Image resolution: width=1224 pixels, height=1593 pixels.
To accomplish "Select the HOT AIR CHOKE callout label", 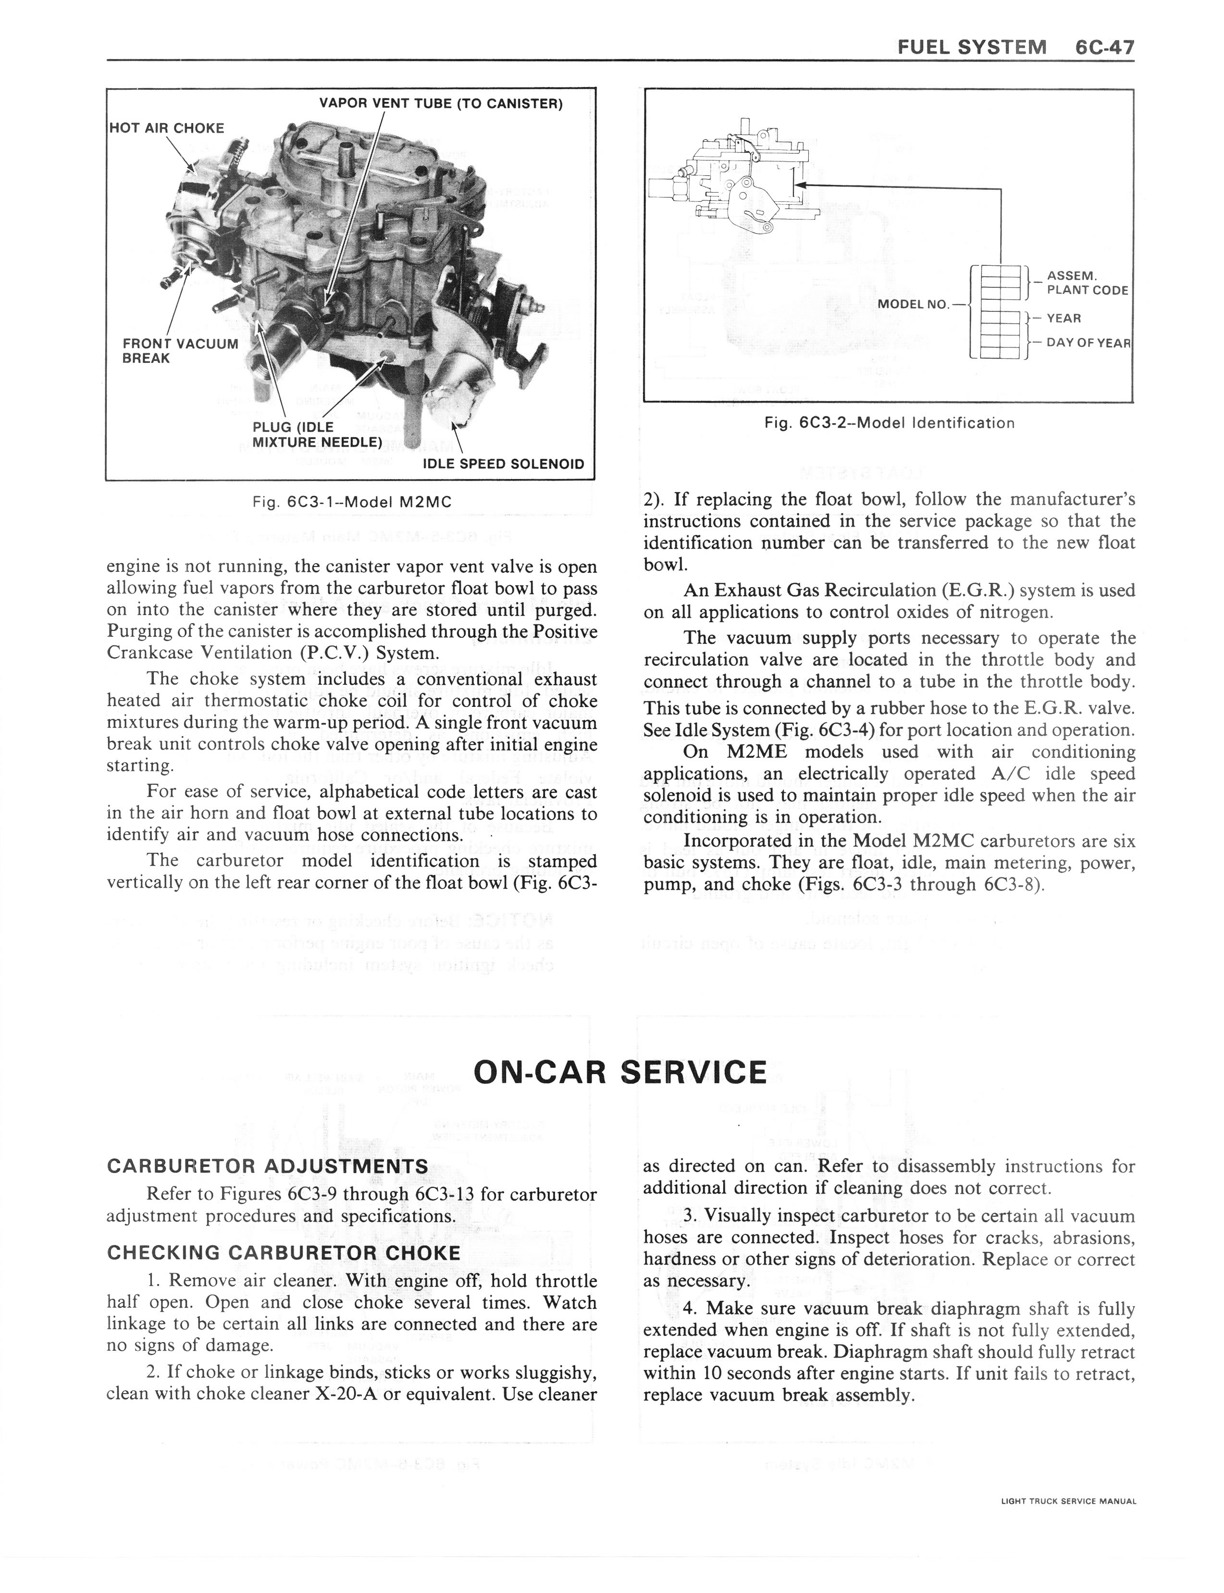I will pos(166,128).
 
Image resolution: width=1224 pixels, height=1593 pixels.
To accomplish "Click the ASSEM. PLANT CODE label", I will pos(1086,283).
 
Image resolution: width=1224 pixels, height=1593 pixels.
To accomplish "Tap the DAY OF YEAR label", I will pos(1088,342).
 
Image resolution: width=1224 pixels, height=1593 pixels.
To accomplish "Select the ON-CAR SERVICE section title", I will pos(619,1072).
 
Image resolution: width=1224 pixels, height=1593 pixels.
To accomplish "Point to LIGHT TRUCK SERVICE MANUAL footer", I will pos(1068,1501).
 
